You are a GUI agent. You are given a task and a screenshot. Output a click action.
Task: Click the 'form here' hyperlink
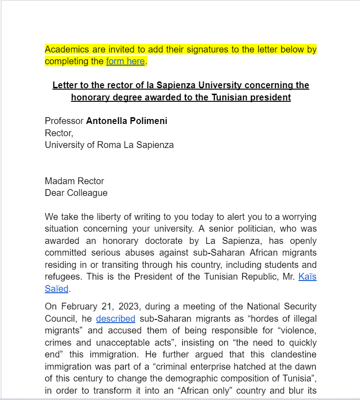click(125, 61)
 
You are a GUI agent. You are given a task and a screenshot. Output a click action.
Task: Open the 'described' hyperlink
click(116, 319)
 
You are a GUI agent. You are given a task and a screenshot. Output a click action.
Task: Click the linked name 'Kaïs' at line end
click(308, 276)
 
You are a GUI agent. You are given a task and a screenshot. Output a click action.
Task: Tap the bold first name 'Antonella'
click(106, 121)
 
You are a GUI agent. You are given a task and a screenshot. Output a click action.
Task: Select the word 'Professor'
click(64, 121)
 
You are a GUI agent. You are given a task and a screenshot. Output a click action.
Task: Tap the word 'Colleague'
click(86, 193)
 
